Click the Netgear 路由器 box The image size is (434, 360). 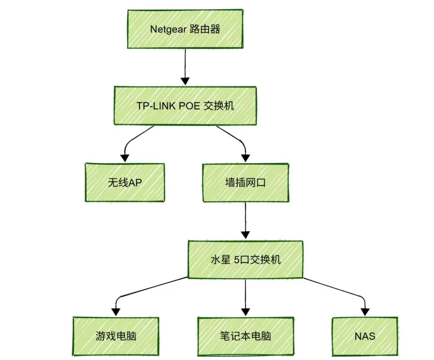(x=185, y=29)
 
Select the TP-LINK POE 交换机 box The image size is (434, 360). (x=185, y=106)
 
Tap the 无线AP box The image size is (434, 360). (x=125, y=182)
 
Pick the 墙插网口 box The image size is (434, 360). (x=245, y=182)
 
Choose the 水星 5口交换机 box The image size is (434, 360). (x=245, y=259)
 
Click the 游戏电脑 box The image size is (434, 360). (x=116, y=335)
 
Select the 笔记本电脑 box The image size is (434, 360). (x=245, y=335)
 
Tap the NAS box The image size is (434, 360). (x=365, y=335)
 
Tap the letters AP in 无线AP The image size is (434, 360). (x=135, y=183)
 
